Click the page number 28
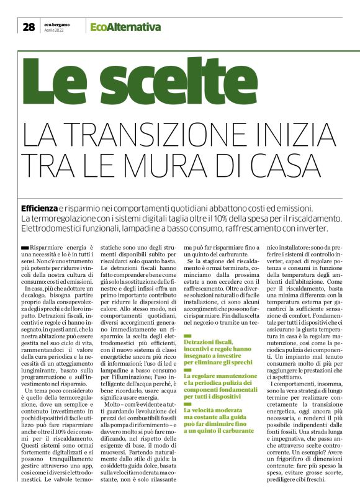(x=29, y=27)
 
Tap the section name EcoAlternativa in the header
(x=125, y=27)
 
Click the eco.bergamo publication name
(x=57, y=24)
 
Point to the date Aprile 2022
(x=54, y=30)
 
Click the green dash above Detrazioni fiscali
(x=188, y=335)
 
